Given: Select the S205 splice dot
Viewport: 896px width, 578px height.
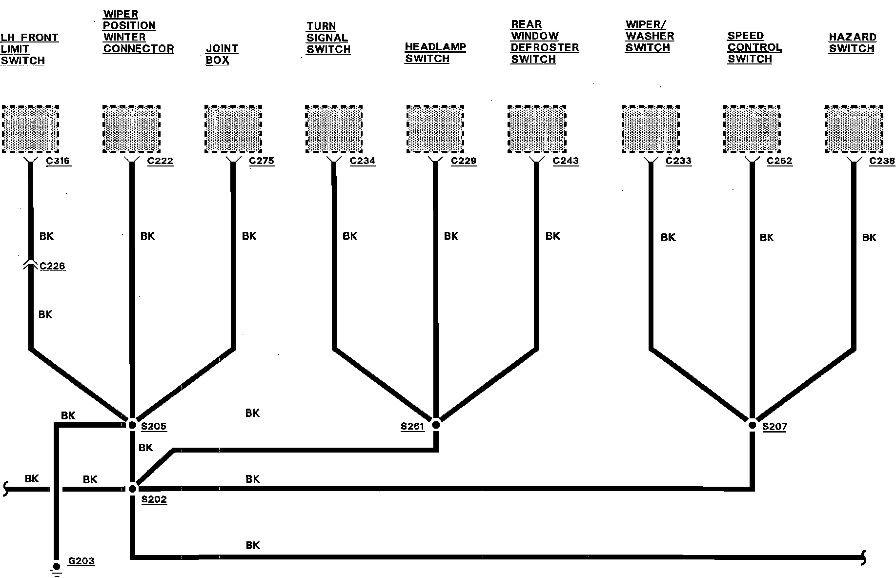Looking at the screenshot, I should point(132,425).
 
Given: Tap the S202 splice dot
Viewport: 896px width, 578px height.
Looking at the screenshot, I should point(132,488).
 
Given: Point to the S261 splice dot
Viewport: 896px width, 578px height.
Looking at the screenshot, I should point(436,425).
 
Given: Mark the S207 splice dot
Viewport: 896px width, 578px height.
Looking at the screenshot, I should point(752,425).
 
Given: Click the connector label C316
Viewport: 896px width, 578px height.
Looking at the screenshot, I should point(59,161).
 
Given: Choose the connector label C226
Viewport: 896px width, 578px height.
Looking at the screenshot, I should point(52,266).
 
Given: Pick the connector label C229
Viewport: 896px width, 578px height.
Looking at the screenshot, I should point(463,161).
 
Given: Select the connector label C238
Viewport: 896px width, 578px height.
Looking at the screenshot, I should point(882,161).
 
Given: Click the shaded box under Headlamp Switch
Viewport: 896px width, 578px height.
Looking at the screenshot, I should point(435,129).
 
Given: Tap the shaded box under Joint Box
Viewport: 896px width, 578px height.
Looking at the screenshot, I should point(233,129).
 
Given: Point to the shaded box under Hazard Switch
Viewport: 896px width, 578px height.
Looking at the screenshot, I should point(854,129).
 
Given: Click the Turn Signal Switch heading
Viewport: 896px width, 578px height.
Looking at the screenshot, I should point(328,38).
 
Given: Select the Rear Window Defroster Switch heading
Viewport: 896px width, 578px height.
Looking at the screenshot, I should point(544,42).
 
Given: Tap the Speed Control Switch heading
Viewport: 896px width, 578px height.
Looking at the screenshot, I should point(754,47).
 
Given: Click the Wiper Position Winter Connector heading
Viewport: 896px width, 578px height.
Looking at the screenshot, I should point(138,31).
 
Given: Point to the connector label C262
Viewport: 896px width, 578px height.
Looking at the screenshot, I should point(779,161).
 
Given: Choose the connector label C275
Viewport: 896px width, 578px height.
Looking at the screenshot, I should point(262,161).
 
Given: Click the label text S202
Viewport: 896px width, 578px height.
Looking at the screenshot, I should point(154,500).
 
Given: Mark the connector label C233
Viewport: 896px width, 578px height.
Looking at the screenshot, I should point(678,161).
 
